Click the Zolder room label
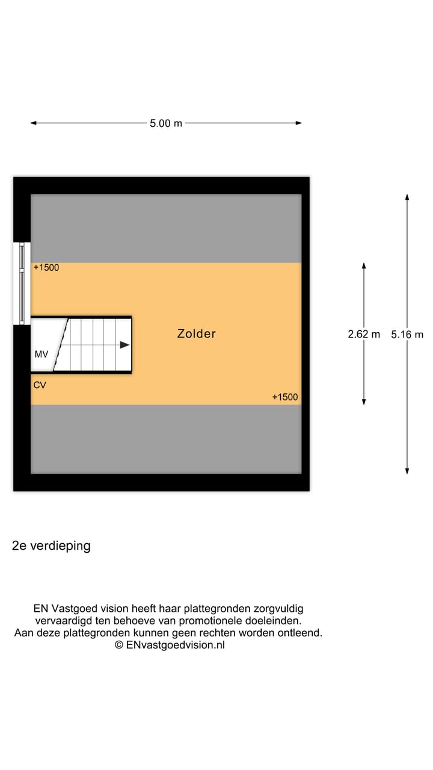[197, 334]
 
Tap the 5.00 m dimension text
[166, 123]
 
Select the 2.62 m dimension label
[364, 334]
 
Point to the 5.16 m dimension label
[407, 334]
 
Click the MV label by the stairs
[41, 354]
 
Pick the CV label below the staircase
[40, 386]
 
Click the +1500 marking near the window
[46, 268]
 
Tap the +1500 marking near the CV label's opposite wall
[285, 398]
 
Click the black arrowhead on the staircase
[124, 345]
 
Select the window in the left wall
[22, 283]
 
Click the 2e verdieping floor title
[51, 546]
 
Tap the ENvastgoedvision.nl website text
[175, 645]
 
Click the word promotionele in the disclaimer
[210, 621]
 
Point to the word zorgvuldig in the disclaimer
[278, 609]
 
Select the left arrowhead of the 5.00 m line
[33, 123]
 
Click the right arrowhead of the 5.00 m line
[299, 123]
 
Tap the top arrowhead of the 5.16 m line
[407, 197]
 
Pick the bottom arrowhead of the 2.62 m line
[364, 402]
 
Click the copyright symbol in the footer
[119, 645]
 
